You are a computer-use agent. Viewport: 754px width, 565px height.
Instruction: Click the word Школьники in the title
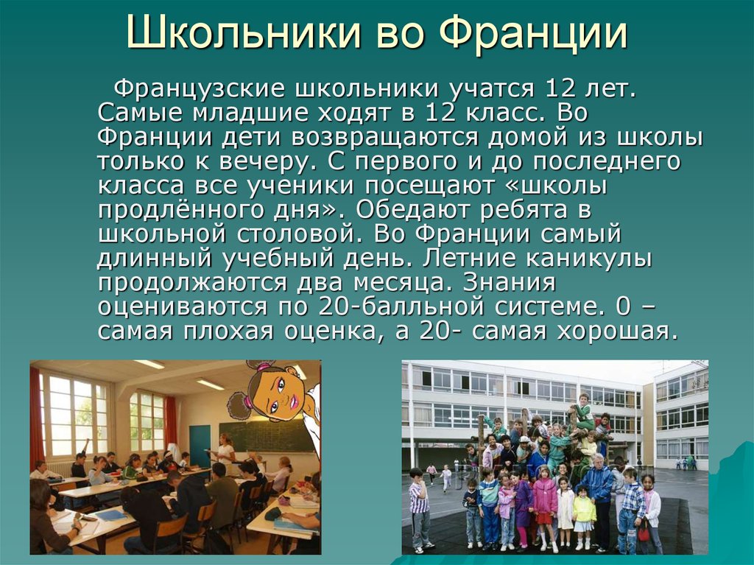pyautogui.click(x=244, y=34)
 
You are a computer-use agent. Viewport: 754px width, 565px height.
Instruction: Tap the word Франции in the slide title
pyautogui.click(x=534, y=35)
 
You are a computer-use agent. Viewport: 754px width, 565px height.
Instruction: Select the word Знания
pyautogui.click(x=509, y=283)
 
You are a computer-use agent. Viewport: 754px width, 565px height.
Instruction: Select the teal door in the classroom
pyautogui.click(x=200, y=446)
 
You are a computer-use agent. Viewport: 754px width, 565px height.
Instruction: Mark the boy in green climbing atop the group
pyautogui.click(x=583, y=413)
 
